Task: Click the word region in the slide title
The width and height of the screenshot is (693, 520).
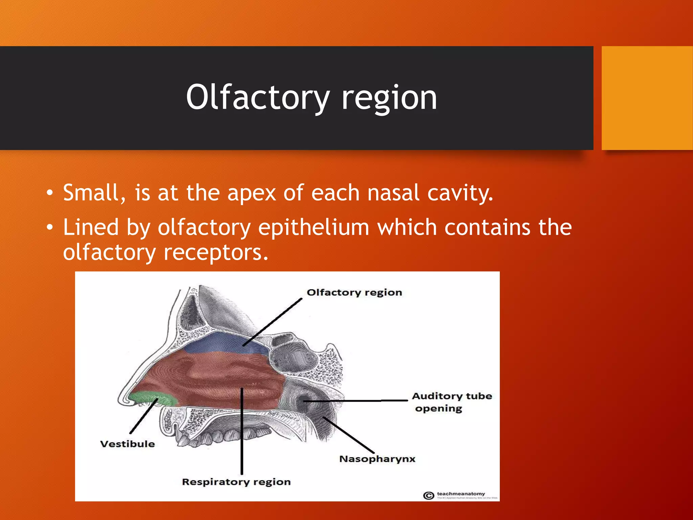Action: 389,97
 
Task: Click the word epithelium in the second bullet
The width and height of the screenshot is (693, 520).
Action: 313,227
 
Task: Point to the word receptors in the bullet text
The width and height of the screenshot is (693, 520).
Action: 216,253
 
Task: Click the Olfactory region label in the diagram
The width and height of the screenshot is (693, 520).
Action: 354,292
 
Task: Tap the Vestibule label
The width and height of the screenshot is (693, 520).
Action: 127,444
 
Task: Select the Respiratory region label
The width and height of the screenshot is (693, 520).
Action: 236,482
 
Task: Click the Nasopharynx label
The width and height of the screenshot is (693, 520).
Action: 377,459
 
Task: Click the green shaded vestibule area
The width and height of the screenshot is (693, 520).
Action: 154,398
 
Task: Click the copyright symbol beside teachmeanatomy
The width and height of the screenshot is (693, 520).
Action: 428,496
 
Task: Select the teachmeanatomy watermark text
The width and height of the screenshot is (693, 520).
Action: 461,494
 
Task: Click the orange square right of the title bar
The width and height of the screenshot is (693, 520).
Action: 647,98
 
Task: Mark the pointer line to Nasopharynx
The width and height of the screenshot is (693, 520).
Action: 349,435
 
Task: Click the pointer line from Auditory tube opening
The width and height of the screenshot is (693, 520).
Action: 355,401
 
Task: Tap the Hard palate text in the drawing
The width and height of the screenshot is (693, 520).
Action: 206,411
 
